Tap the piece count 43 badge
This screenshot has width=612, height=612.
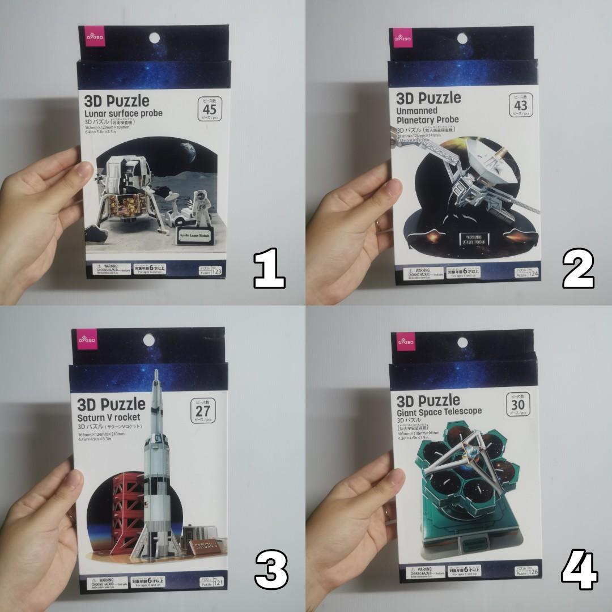pos(520,105)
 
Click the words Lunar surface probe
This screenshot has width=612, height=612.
pos(123,113)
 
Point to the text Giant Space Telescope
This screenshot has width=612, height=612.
pos(440,412)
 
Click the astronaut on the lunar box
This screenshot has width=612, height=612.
pos(199,210)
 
